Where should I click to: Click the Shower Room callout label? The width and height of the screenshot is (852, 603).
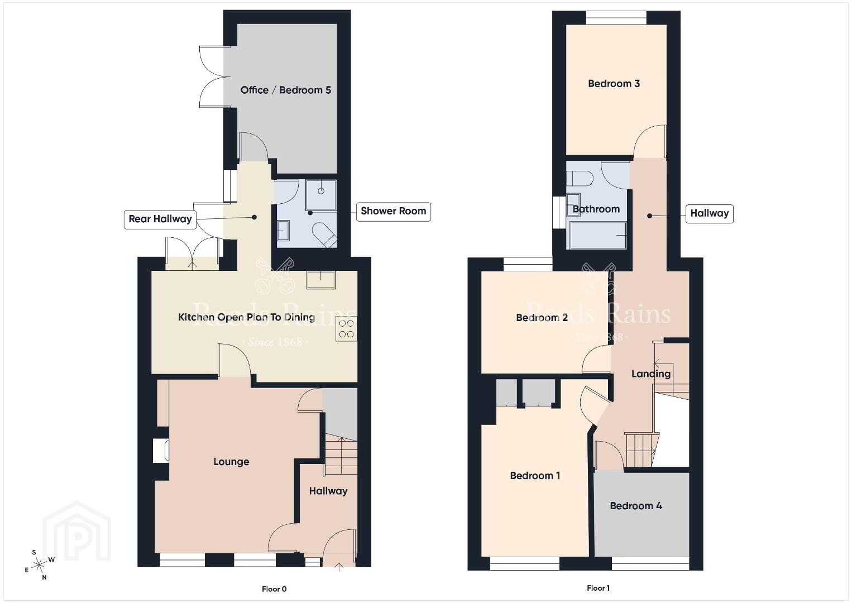393,212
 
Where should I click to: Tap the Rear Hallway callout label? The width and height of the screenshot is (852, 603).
160,219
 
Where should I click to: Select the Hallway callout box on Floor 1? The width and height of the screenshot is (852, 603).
710,213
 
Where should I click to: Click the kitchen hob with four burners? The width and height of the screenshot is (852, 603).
346,329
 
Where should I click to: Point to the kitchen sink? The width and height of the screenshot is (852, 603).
320,280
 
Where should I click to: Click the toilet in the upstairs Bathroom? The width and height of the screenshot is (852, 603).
580,178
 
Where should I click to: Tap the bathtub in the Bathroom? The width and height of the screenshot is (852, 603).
596,235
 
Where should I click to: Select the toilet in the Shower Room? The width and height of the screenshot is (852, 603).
325,234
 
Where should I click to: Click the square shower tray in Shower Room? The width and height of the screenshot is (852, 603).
321,195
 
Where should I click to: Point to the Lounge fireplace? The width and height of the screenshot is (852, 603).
160,451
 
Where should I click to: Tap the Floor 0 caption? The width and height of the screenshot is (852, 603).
274,589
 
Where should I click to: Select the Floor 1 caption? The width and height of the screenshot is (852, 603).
598,588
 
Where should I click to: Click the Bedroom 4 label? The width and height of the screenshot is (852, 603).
636,506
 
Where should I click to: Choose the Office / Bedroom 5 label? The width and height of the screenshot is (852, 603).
286,90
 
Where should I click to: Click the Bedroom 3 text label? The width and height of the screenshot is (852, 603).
614,83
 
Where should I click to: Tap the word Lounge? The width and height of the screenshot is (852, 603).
231,462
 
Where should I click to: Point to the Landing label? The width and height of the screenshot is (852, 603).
651,374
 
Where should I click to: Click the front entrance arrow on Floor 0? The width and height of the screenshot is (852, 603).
339,567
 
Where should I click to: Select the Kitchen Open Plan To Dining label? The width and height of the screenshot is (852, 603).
246,317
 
